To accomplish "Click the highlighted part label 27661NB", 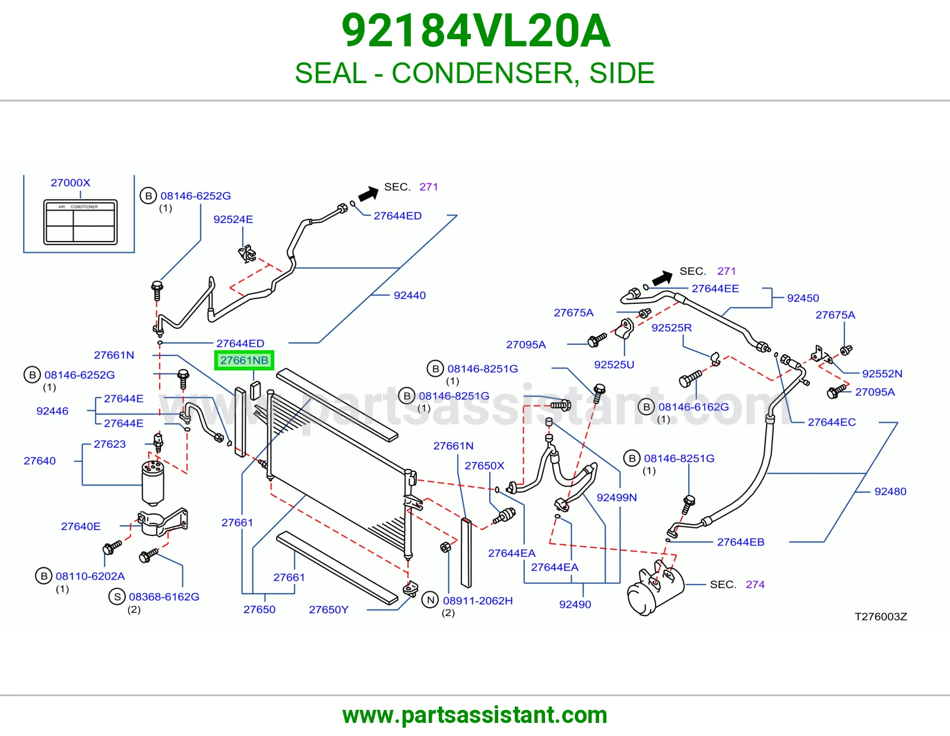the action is tap(244, 360).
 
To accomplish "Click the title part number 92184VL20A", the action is tap(476, 31).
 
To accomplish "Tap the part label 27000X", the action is tap(71, 183).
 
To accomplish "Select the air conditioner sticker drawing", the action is tap(80, 222).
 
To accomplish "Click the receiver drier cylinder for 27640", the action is tap(153, 482).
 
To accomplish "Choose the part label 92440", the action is tap(410, 296).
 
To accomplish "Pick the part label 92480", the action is tap(890, 491).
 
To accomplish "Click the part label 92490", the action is tap(575, 604).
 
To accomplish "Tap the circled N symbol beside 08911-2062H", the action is tap(430, 600).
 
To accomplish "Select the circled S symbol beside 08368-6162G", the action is tap(117, 597).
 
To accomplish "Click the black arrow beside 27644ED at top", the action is tap(368, 193).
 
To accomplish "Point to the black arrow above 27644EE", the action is tap(662, 278).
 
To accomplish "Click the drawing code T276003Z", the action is tap(881, 617).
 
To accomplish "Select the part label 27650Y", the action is tap(329, 610).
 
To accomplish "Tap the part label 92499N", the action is tap(616, 497).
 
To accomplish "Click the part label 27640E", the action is tap(80, 526).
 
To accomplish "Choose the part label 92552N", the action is tap(882, 374).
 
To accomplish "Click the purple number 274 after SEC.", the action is tap(755, 584).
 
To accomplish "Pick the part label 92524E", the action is tap(233, 220).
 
